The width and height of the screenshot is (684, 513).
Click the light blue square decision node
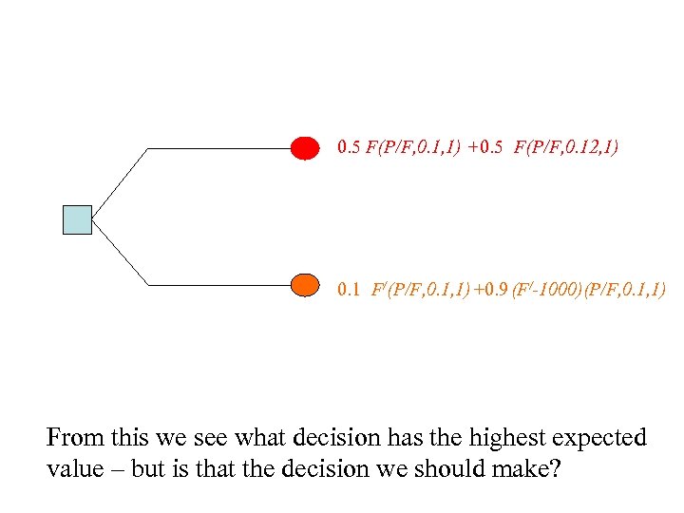[77, 219]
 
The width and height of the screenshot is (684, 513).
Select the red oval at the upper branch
[304, 148]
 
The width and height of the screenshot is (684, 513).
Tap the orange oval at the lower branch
[304, 285]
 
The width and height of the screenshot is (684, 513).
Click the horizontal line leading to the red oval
[218, 149]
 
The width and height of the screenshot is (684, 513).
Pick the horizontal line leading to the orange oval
[218, 285]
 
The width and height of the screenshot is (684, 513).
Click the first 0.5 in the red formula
[349, 148]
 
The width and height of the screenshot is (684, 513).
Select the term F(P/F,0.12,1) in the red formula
[567, 148]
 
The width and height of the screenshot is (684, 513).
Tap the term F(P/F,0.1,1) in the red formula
[413, 148]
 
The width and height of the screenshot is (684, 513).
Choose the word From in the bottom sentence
[74, 438]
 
